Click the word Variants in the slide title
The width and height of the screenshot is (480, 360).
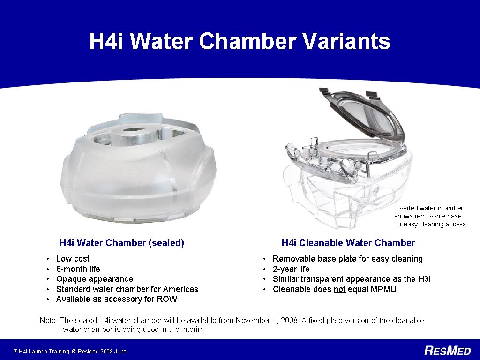346,41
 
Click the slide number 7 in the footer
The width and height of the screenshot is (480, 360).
15,351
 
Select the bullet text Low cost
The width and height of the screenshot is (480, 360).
73,259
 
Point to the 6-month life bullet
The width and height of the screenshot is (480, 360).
78,269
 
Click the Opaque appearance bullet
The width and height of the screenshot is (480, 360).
94,279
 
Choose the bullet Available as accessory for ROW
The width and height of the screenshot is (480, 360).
116,299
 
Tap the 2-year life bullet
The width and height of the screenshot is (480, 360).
291,269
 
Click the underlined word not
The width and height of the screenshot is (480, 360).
339,289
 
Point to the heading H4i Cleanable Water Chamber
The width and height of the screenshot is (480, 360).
348,243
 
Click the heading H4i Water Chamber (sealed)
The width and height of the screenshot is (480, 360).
121,243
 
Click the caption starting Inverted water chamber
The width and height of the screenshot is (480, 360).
429,216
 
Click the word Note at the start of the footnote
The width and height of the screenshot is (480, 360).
48,321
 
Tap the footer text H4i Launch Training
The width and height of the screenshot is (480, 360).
44,351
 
